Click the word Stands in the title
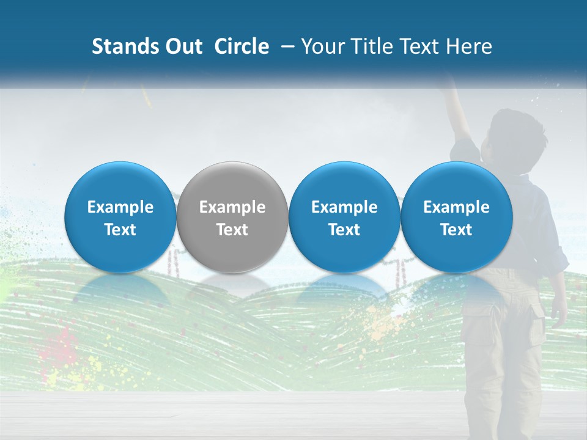[124, 46]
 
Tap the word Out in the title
[182, 46]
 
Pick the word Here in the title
[469, 46]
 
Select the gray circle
[232, 217]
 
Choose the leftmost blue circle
[120, 217]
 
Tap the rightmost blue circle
[457, 217]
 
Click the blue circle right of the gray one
[344, 217]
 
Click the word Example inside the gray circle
[232, 207]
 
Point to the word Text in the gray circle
[232, 230]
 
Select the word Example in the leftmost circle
[120, 207]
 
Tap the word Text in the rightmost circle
[457, 230]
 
